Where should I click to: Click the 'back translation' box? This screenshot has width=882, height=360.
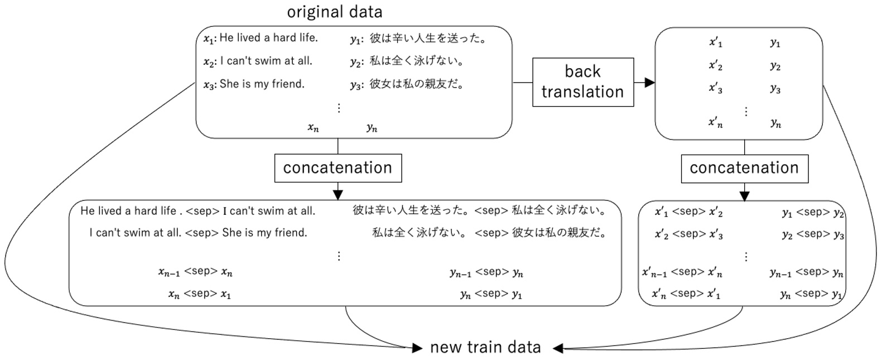point(582,82)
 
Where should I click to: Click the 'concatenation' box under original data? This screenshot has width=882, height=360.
point(338,168)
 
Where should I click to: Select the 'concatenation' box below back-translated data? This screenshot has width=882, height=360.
point(744,168)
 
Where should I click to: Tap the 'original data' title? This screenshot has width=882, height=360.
point(335,12)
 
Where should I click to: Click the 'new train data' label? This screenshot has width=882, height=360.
point(485,348)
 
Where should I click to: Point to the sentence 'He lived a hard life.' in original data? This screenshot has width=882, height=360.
point(268,38)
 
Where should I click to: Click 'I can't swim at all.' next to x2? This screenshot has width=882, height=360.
point(266,61)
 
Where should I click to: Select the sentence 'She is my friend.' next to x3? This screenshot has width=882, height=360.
point(262,84)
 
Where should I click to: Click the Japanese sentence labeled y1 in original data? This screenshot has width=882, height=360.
point(428,38)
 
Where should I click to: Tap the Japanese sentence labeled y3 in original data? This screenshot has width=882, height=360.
point(417,84)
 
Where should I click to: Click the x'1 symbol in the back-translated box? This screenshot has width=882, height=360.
point(716,42)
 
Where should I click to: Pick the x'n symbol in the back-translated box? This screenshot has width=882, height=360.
point(716,123)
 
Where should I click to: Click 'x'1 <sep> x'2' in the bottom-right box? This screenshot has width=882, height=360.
point(689,212)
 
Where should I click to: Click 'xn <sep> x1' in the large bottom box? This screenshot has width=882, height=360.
point(200,294)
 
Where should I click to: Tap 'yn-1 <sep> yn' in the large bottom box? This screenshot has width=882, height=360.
point(486,272)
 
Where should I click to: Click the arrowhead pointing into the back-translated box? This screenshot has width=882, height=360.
point(649,83)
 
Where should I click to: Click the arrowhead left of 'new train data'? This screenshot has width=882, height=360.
point(417,348)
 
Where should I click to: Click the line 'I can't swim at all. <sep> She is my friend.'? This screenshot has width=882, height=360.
point(198,233)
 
